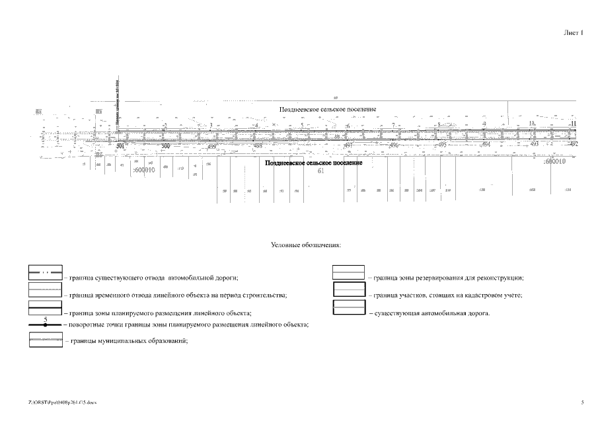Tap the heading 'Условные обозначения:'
click(306, 245)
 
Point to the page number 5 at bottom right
click(582, 402)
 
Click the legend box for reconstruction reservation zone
click(348, 272)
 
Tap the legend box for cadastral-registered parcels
click(348, 289)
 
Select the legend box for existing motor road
click(348, 307)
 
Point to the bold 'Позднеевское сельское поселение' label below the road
click(313, 163)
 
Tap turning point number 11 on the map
click(574, 124)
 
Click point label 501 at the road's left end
click(120, 145)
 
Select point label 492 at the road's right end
click(574, 143)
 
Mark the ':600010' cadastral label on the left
click(143, 170)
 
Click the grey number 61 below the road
click(322, 171)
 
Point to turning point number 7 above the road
click(392, 125)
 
